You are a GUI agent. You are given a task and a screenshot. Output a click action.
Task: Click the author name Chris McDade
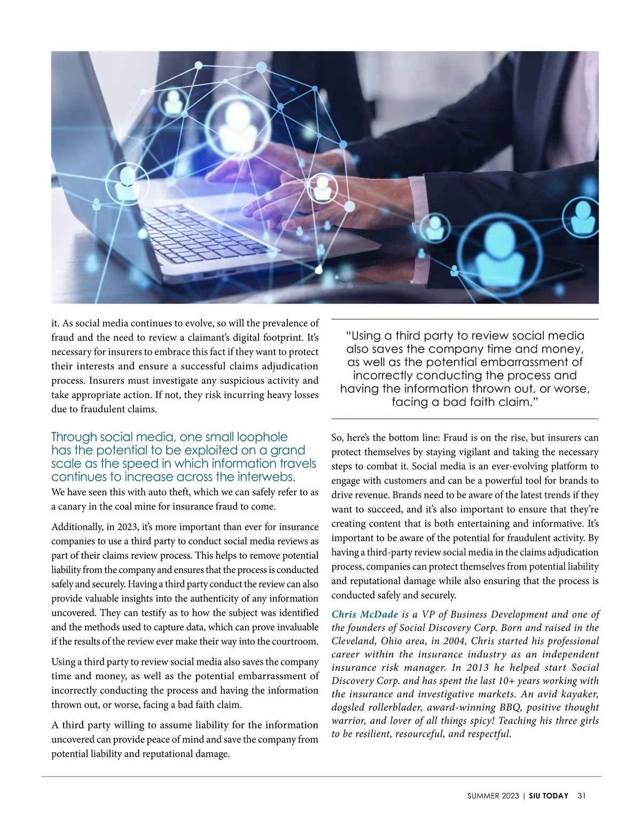[x=365, y=615]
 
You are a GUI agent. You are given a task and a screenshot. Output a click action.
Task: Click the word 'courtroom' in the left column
[x=296, y=641]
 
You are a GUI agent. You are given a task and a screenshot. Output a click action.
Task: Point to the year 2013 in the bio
[x=468, y=668]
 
